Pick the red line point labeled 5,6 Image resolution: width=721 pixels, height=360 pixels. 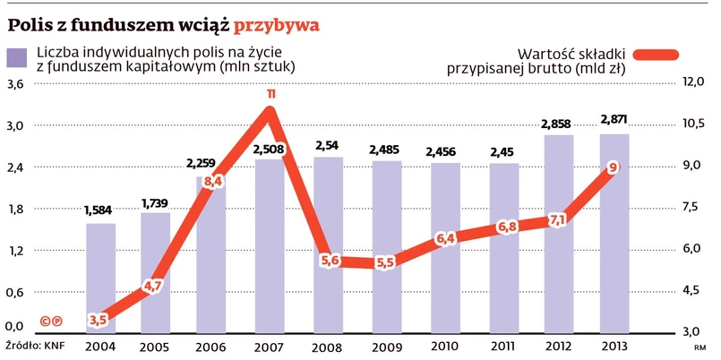[329, 261]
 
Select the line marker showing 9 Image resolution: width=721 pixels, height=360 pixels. [613, 167]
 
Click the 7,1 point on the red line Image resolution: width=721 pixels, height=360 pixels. [557, 219]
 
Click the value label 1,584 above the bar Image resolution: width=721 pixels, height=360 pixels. [100, 211]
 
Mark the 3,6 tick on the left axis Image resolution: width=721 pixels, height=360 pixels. [16, 85]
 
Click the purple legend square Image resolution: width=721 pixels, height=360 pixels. [16, 58]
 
